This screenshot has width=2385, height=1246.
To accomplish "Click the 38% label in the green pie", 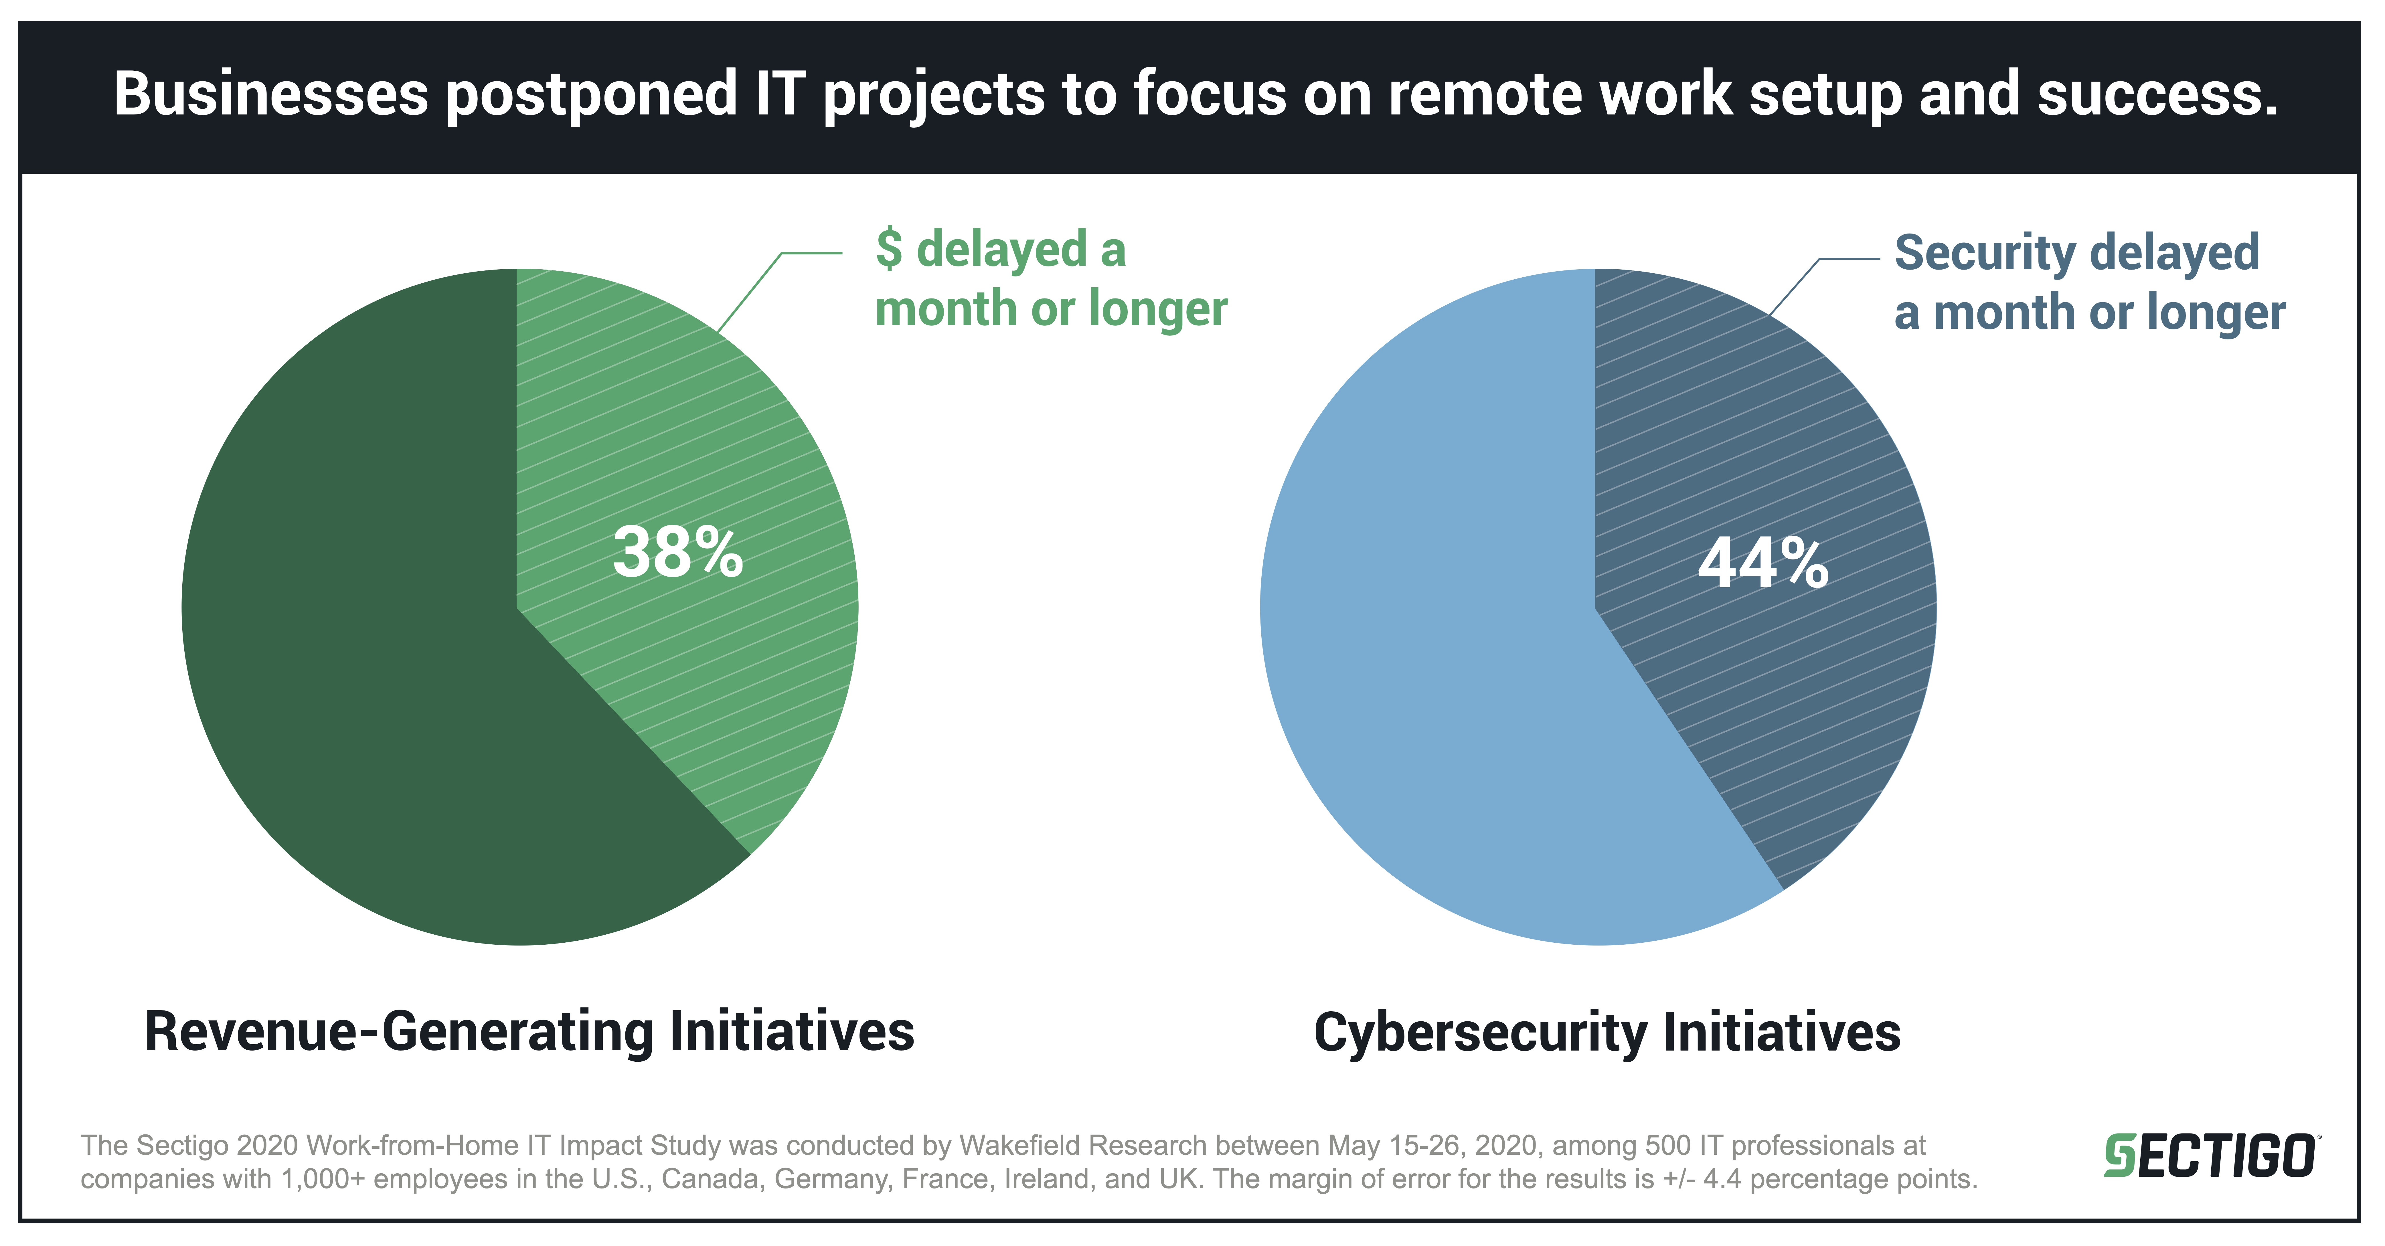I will (x=678, y=553).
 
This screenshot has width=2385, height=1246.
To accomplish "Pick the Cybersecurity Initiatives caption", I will (x=1606, y=1032).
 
